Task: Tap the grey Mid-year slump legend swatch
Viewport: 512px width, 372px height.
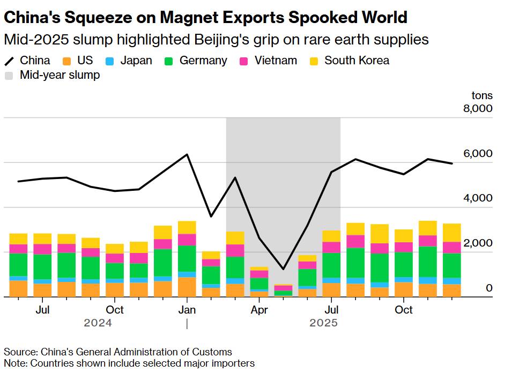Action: pyautogui.click(x=10, y=76)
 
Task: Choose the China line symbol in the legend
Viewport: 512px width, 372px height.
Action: pyautogui.click(x=10, y=61)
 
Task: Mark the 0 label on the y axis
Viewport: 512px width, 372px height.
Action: pyautogui.click(x=489, y=288)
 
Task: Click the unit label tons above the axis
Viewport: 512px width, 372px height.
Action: pyautogui.click(x=481, y=96)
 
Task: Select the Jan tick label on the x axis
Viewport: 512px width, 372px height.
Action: pyautogui.click(x=187, y=310)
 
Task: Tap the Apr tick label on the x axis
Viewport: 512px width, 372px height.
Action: pyautogui.click(x=259, y=310)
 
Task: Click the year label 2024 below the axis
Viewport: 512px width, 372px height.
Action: pyautogui.click(x=98, y=323)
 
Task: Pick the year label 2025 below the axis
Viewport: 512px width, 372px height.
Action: pyautogui.click(x=324, y=323)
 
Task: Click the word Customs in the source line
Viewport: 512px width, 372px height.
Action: pyautogui.click(x=214, y=352)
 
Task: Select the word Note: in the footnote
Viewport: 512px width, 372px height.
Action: pyautogui.click(x=16, y=363)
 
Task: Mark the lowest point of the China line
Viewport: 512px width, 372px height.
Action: pyautogui.click(x=283, y=269)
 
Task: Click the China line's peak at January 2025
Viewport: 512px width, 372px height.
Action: pyautogui.click(x=187, y=154)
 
